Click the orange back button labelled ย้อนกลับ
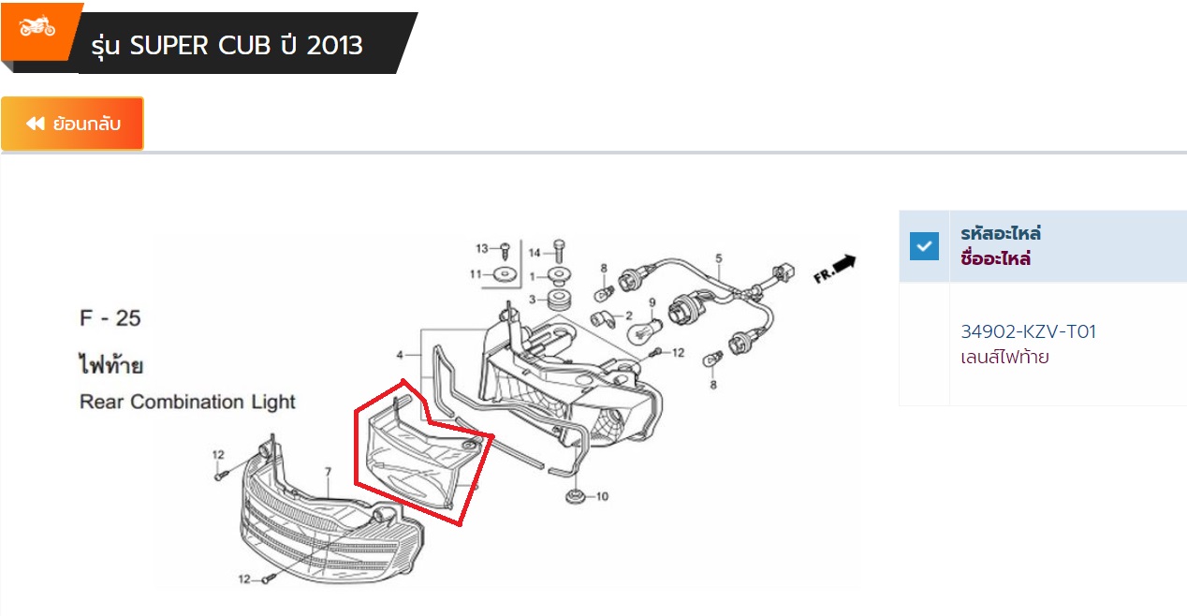72,123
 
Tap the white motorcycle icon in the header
37,26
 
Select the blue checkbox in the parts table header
924,246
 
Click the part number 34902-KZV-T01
1028,331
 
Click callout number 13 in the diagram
482,248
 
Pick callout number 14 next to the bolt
535,253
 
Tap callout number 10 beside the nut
602,496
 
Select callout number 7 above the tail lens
328,471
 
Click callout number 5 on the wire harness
719,258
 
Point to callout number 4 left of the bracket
400,355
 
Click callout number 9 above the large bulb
652,302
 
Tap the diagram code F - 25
110,318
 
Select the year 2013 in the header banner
335,45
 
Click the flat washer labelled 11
505,274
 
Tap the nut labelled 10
575,497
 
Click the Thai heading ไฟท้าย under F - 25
110,365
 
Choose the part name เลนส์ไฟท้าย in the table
1004,357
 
